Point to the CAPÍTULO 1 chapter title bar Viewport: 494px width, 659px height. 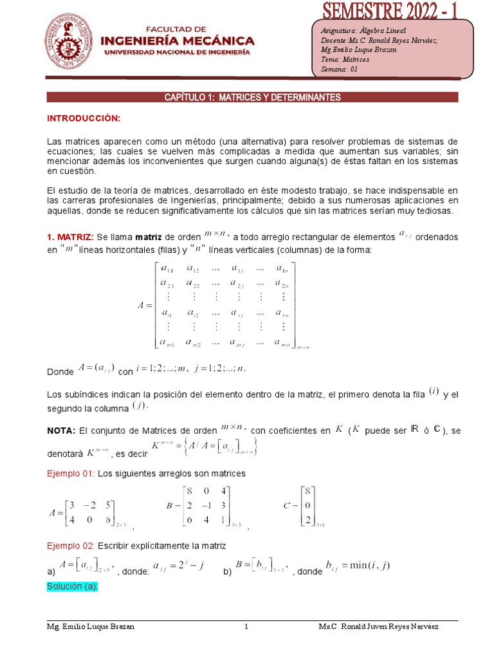pos(252,97)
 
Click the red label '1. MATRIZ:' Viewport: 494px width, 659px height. pos(71,237)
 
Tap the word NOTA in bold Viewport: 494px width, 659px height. pos(61,431)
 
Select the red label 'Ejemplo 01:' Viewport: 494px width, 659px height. pos(71,474)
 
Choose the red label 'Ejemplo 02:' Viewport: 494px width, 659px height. pos(71,546)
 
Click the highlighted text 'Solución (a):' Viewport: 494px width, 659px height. pos(72,587)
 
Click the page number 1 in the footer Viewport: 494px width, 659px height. pos(246,627)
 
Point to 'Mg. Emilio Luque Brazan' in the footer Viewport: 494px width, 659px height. pos(91,627)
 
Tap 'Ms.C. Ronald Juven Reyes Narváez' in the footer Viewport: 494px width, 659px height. pos(379,627)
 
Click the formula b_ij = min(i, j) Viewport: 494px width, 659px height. pos(358,566)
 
